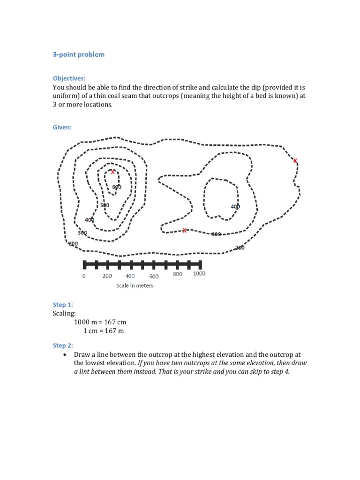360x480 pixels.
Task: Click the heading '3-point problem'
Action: (x=78, y=54)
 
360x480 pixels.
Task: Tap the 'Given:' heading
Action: (x=62, y=127)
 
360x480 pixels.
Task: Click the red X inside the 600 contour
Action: (x=112, y=172)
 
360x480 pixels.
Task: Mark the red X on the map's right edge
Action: (x=295, y=161)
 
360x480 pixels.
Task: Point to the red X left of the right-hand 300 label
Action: (x=184, y=230)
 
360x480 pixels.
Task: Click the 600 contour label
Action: (x=117, y=187)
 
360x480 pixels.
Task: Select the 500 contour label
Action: (x=105, y=205)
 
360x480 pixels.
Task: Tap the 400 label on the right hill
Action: (x=235, y=206)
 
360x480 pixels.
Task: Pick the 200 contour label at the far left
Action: (x=73, y=243)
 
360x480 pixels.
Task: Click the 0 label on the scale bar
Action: (x=84, y=276)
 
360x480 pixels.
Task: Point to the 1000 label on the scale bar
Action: (x=199, y=274)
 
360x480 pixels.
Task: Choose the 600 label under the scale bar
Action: (x=154, y=276)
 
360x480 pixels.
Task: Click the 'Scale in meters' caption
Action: (x=135, y=285)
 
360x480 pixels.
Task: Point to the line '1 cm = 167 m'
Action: (x=104, y=331)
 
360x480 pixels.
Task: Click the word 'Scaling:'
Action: (x=64, y=313)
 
